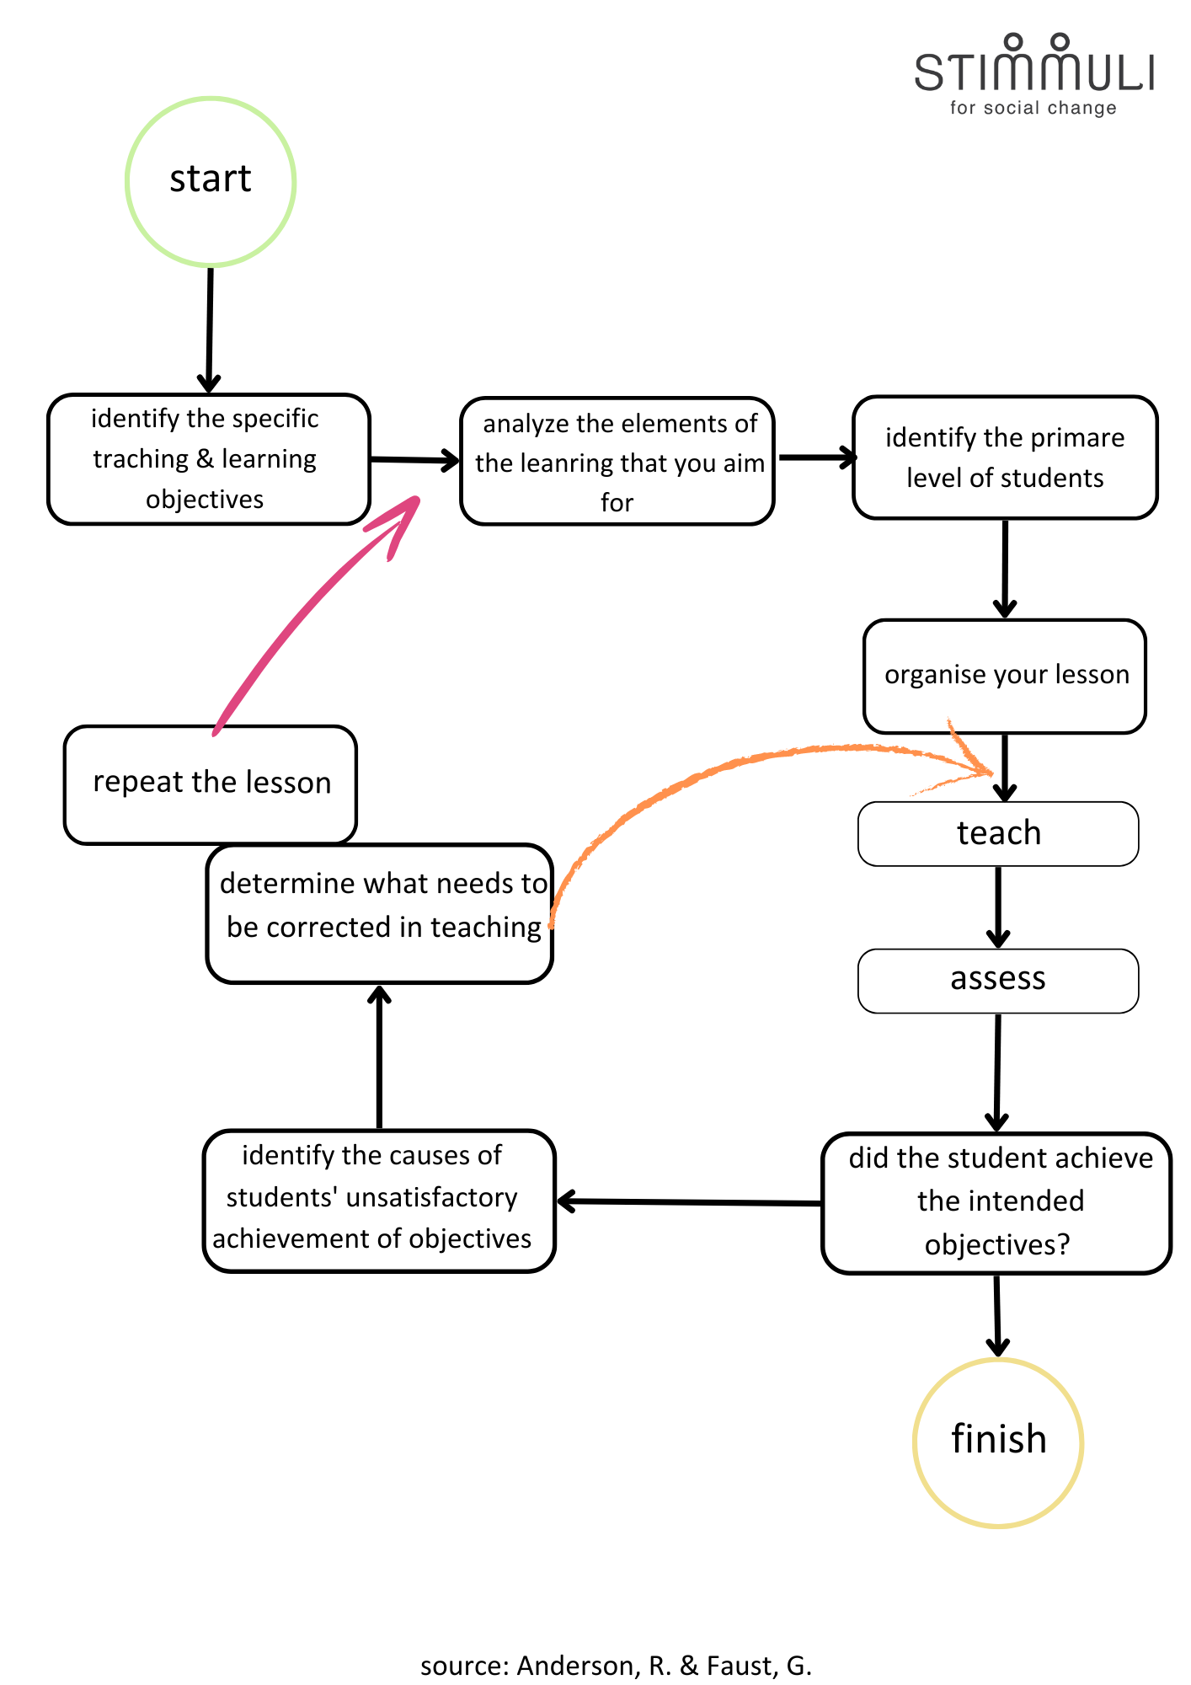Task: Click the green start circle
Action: tap(211, 182)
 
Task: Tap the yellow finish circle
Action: tap(998, 1442)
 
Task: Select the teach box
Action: tap(998, 833)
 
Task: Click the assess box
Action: tap(998, 980)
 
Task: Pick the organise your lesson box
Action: tap(1005, 676)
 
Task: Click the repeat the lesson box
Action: tap(211, 784)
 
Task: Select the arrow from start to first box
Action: tap(210, 329)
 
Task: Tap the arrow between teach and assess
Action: tap(998, 906)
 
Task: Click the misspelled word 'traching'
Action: tap(141, 459)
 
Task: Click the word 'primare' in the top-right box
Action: tap(1077, 438)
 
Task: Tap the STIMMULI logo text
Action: tap(1034, 71)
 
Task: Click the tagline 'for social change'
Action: tap(1033, 108)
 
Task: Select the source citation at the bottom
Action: tap(616, 1666)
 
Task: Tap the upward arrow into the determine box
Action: tap(380, 1057)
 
